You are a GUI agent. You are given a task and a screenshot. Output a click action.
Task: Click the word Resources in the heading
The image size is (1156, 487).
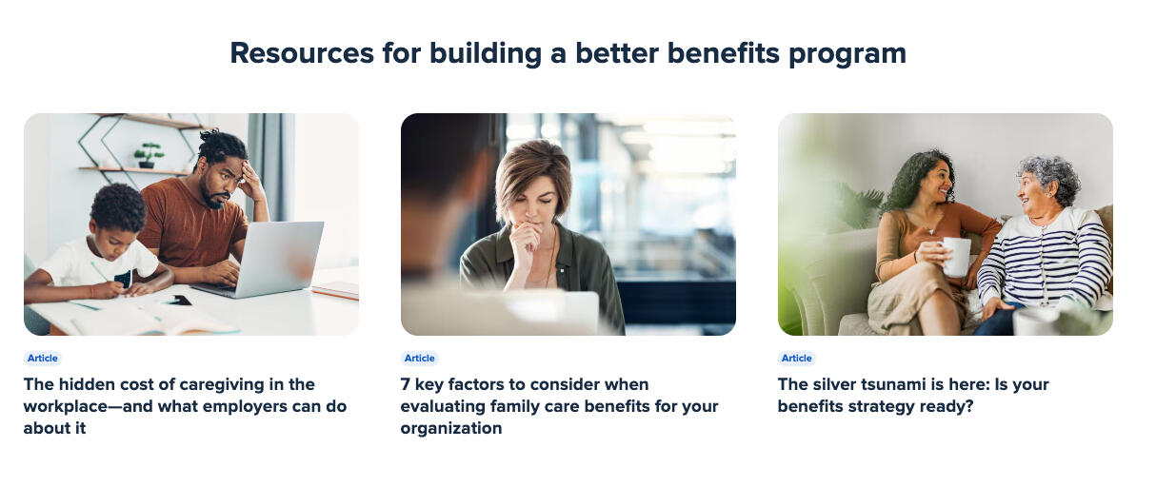302,53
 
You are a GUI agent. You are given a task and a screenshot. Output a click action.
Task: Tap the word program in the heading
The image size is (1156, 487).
847,54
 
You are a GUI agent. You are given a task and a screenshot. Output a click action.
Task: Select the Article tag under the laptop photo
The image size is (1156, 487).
42,359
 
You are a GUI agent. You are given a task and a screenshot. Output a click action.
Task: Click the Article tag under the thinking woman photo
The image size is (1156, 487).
420,359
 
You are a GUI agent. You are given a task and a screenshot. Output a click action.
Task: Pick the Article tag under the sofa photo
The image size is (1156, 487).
797,359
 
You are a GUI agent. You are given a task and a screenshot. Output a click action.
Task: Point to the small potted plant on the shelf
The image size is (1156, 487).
149,155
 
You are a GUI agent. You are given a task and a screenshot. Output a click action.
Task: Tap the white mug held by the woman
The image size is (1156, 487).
956,257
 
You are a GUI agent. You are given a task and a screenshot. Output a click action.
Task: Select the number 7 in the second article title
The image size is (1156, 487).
405,384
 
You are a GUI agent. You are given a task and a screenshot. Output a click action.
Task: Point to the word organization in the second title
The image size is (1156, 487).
451,428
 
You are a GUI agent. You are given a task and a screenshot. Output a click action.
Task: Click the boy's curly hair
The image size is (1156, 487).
118,206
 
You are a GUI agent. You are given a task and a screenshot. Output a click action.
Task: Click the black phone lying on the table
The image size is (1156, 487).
177,300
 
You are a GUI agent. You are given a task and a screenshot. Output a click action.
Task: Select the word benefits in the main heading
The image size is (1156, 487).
724,53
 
